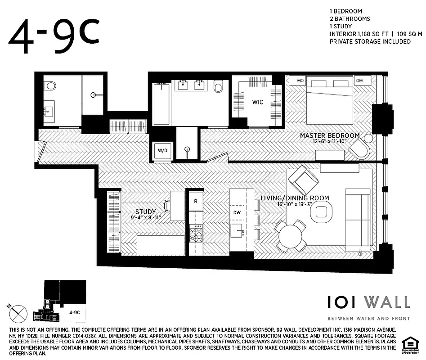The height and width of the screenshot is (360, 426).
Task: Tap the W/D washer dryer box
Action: click(161, 150)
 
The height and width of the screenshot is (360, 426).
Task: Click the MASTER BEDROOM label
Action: click(330, 135)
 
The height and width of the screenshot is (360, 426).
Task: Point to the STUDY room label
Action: click(145, 211)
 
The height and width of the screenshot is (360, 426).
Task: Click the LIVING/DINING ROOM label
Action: click(295, 198)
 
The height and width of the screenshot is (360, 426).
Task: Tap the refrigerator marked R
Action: click(195, 202)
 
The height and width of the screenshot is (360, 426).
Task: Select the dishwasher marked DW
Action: click(237, 212)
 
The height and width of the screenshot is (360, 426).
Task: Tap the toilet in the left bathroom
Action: click(50, 85)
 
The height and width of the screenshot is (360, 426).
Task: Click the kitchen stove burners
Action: click(196, 233)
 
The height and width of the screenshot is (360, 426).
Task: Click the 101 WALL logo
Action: click(368, 302)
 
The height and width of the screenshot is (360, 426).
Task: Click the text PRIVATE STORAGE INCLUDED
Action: click(370, 41)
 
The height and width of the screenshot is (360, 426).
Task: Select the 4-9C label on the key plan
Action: click(75, 311)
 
